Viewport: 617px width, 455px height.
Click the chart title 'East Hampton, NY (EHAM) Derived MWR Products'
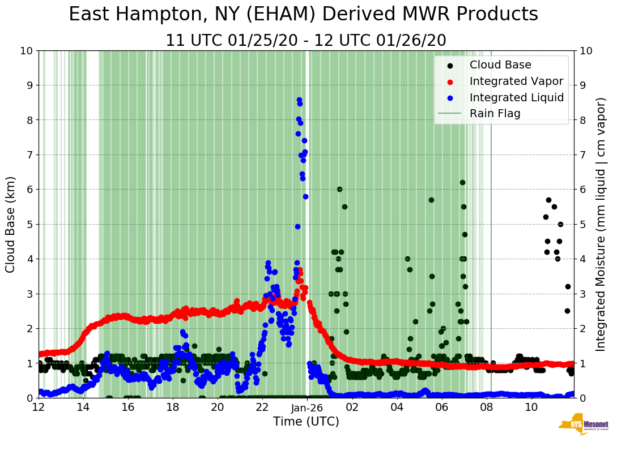tap(303, 15)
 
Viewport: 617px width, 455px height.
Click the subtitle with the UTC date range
tap(305, 41)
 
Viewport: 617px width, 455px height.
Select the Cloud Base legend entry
tap(500, 65)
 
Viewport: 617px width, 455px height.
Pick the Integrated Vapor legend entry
tap(516, 81)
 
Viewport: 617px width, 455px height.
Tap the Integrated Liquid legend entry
tap(516, 97)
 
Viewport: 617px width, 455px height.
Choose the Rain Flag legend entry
tap(495, 113)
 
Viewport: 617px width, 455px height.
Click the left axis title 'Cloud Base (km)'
tap(11, 224)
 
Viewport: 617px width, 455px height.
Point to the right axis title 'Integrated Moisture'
tap(601, 224)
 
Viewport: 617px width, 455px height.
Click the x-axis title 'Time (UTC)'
tap(306, 422)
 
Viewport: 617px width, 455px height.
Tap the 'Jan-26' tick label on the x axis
tap(307, 407)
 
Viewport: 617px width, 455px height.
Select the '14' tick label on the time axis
tap(83, 407)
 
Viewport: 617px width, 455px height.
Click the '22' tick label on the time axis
tap(262, 407)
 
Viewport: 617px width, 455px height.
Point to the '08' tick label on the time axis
tap(486, 407)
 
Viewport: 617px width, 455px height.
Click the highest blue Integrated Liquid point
tap(299, 100)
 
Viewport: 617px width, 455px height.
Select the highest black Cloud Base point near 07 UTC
tap(462, 182)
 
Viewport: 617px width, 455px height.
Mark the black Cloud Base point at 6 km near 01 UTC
tap(339, 189)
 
